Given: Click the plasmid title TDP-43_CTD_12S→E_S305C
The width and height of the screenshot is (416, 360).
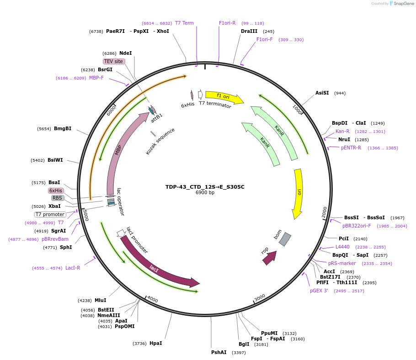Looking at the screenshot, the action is tap(205, 187).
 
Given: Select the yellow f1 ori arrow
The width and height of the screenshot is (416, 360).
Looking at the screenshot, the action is tap(224, 97).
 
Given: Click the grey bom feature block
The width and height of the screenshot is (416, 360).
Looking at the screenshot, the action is tap(285, 239).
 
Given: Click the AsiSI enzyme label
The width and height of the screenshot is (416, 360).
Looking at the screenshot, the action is tap(322, 93).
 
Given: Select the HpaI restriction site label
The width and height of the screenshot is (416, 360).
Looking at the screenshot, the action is tap(155, 343).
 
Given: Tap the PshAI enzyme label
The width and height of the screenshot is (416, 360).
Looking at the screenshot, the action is tap(219, 352).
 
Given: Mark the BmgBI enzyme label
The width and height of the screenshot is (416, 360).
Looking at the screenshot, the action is tap(63, 128).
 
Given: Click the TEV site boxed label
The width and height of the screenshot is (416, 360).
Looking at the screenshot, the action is tap(113, 61).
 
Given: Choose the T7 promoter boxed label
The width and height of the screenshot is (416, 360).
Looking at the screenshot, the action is tap(50, 214).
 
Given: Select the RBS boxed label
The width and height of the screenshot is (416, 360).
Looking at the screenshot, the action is tap(57, 198).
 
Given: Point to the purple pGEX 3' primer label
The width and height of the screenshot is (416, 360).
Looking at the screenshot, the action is tap(319, 291).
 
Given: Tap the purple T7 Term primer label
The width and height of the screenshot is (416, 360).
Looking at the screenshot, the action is tap(184, 23).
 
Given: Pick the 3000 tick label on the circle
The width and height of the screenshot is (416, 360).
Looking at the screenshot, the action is tap(260, 298).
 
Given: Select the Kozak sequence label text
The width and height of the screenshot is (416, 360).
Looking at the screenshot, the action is tap(160, 141).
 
